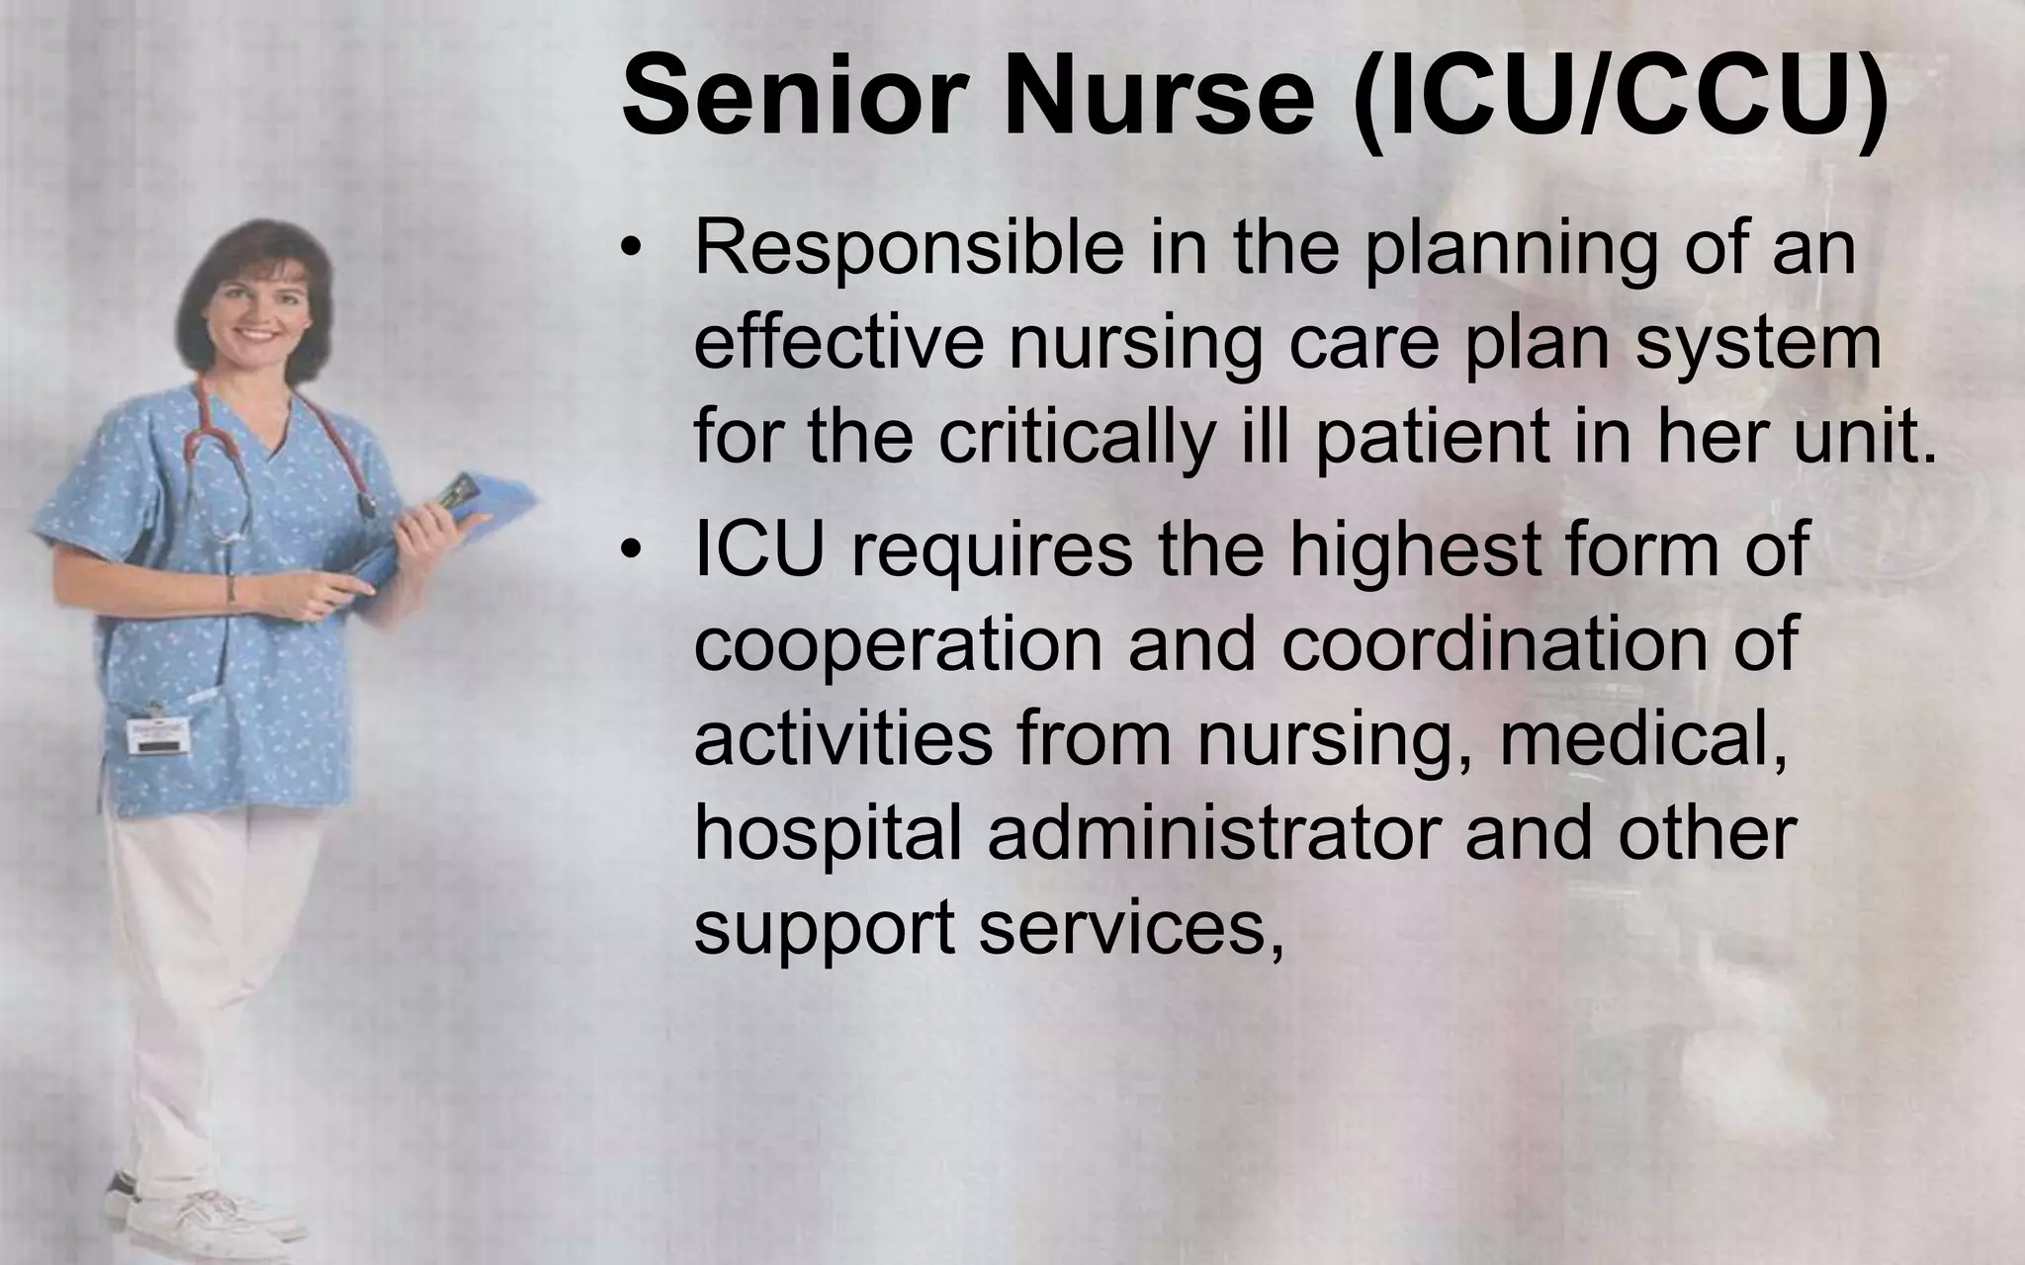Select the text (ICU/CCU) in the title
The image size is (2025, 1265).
1622,97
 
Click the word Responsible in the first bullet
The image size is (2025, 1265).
909,249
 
